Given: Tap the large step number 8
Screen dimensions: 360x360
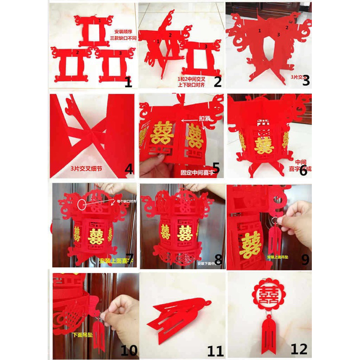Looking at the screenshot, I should point(218,259).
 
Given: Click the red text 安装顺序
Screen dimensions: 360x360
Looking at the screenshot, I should point(124,32).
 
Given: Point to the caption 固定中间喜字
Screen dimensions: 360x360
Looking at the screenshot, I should point(196,171).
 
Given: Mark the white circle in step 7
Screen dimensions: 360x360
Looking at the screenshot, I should point(81,204).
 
